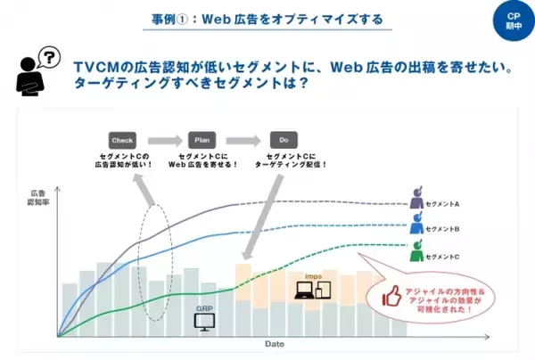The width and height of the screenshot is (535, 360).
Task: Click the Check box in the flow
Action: pyautogui.click(x=122, y=140)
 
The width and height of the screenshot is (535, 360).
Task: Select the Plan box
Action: pyautogui.click(x=202, y=140)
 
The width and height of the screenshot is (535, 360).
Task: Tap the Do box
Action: pyautogui.click(x=282, y=140)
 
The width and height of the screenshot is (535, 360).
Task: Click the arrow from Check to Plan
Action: pyautogui.click(x=161, y=140)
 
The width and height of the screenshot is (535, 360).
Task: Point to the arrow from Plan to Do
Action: pyautogui.click(x=242, y=140)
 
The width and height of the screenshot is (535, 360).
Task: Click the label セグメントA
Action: pyautogui.click(x=444, y=203)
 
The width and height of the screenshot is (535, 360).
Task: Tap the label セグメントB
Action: pyautogui.click(x=444, y=230)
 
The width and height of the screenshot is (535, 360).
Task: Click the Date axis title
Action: pyautogui.click(x=275, y=343)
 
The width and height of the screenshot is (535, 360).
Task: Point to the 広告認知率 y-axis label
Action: pyautogui.click(x=37, y=198)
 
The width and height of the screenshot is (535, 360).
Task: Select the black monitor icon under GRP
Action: pyautogui.click(x=204, y=321)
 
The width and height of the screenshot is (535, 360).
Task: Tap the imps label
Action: pyautogui.click(x=312, y=276)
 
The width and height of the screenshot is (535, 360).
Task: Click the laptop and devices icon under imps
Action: pyautogui.click(x=314, y=290)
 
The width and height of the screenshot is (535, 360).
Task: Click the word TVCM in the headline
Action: pyautogui.click(x=97, y=67)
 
